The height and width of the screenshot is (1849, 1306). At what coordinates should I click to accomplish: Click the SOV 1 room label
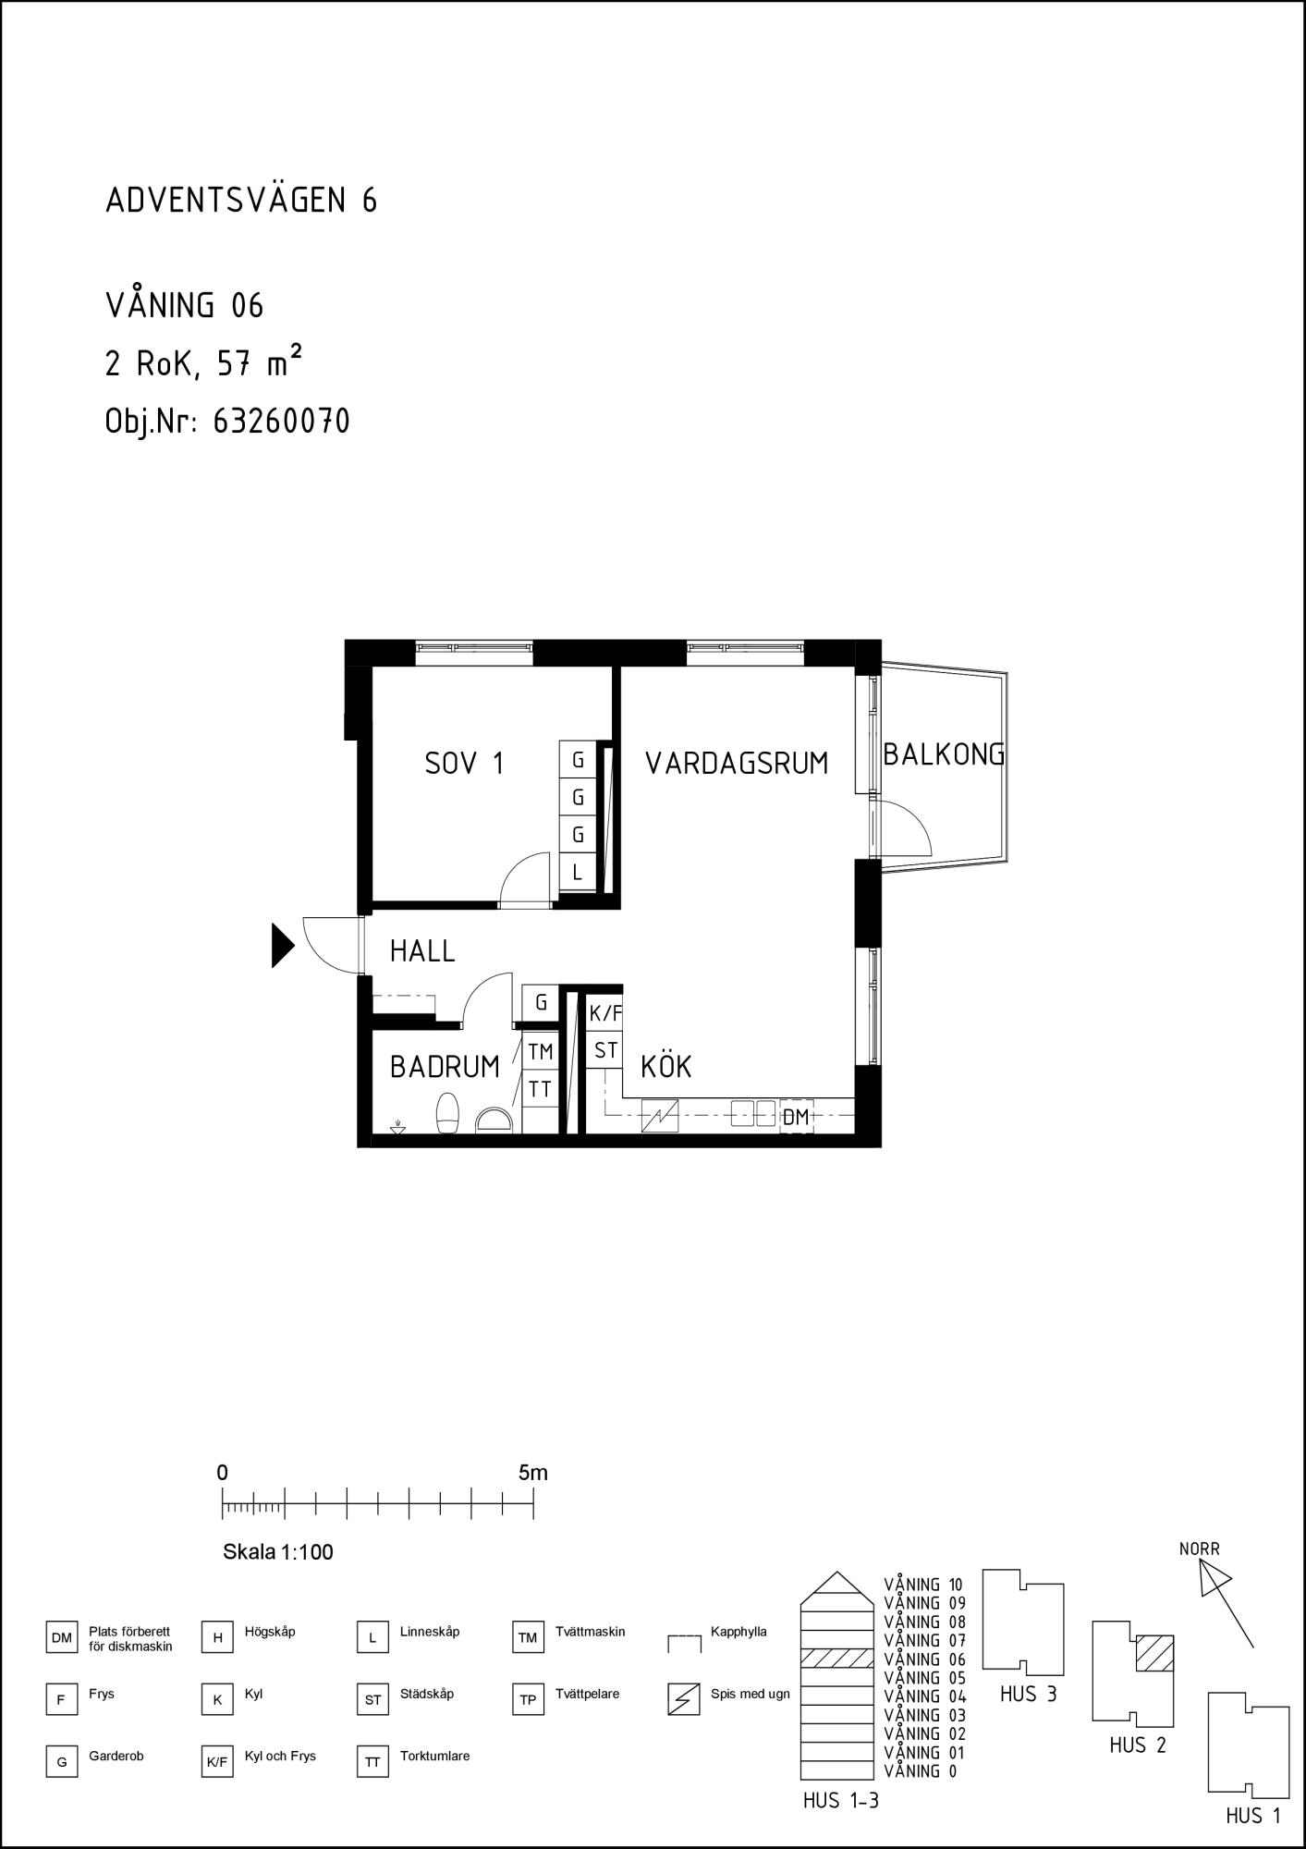(464, 764)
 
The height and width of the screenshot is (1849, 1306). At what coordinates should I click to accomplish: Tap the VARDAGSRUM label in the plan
(737, 764)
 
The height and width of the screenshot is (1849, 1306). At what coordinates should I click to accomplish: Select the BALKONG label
(944, 754)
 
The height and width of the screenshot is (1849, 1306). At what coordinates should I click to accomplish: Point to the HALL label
(422, 950)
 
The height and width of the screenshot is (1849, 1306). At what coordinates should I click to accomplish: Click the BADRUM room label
(445, 1067)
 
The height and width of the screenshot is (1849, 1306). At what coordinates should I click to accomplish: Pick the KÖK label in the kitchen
(665, 1066)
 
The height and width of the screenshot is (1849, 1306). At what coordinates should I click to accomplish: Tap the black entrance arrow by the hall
(283, 945)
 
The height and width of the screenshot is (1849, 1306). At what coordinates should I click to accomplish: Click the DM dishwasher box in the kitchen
(796, 1117)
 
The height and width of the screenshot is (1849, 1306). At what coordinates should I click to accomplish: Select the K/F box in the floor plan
(605, 1014)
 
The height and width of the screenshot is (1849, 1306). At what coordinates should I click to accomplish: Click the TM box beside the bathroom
(541, 1051)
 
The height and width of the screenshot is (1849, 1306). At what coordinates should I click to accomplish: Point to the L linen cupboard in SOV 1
(578, 872)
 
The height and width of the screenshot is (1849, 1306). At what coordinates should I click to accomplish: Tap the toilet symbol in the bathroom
(448, 1112)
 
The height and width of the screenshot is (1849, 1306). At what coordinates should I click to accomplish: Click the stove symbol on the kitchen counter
(660, 1116)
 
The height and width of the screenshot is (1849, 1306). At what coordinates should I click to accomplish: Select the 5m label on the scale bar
(533, 1473)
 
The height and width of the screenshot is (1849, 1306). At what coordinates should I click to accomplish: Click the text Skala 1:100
(278, 1552)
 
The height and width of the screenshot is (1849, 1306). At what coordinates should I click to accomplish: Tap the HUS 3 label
(1028, 1695)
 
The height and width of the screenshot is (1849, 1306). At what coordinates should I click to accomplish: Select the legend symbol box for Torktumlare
(372, 1762)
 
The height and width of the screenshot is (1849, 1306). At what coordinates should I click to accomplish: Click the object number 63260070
(281, 422)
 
